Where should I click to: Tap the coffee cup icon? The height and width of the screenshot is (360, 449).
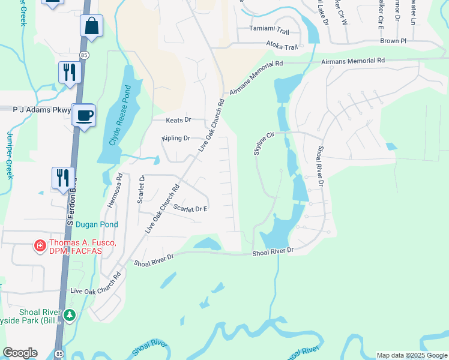click(x=84, y=114)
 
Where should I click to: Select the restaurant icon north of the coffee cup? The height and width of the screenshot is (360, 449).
click(x=70, y=73)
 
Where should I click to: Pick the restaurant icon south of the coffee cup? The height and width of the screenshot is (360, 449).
click(x=63, y=178)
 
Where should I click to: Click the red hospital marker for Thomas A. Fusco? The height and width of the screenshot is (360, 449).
click(x=39, y=245)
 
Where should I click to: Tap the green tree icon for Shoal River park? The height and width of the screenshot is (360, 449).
click(x=70, y=315)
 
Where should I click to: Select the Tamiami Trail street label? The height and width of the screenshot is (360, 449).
click(x=270, y=30)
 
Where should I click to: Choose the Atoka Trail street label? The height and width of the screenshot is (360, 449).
click(x=282, y=46)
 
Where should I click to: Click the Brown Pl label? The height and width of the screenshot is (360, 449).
click(x=393, y=41)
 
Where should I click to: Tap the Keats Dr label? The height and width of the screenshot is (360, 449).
click(x=178, y=120)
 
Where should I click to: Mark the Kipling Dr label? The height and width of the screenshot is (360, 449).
click(x=176, y=138)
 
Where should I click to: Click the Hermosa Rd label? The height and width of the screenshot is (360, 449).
click(x=115, y=191)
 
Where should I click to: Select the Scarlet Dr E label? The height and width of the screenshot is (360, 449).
click(x=190, y=209)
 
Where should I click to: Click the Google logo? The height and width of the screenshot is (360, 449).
click(x=20, y=353)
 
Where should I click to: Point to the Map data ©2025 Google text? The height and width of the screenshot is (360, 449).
click(x=412, y=355)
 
